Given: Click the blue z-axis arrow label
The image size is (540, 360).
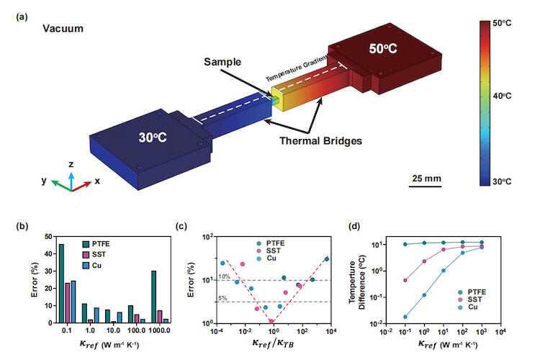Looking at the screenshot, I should coord(71,164).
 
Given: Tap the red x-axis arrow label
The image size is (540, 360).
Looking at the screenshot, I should coord(97,181).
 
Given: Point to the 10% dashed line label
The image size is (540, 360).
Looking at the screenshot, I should coord(225,276).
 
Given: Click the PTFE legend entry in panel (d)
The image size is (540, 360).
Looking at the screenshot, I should coord(475,291).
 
